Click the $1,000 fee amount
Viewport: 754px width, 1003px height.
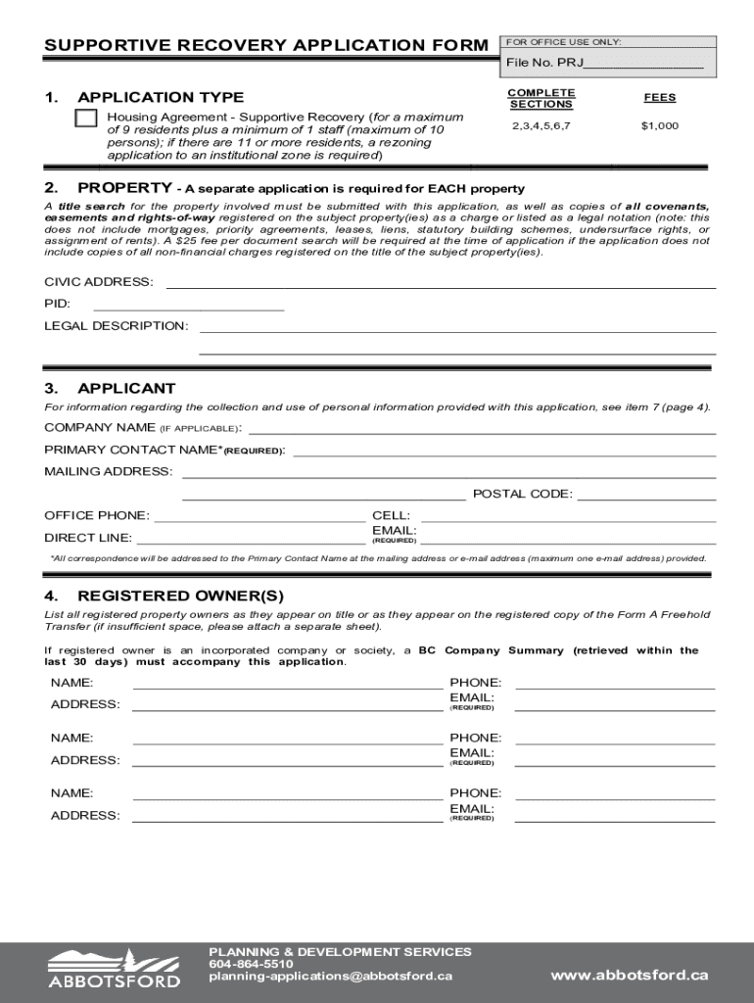tap(659, 126)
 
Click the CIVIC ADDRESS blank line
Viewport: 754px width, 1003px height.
tap(441, 283)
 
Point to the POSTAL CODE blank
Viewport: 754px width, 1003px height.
tap(646, 495)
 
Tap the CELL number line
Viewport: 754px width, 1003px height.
tap(568, 516)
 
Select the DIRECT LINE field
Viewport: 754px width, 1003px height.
tap(251, 538)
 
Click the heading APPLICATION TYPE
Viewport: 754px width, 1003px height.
tap(161, 97)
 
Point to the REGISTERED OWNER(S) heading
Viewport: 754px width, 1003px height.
tap(180, 596)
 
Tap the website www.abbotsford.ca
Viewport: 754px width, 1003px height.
tap(629, 975)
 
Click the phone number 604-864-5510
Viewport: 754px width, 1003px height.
tap(251, 964)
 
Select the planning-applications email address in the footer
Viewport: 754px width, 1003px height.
tap(330, 976)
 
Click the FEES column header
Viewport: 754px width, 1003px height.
tap(659, 98)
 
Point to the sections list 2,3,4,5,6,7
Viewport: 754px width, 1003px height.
tap(541, 126)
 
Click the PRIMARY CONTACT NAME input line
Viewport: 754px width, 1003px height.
tap(503, 451)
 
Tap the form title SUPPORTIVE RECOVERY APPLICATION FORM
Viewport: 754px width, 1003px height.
tap(265, 46)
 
